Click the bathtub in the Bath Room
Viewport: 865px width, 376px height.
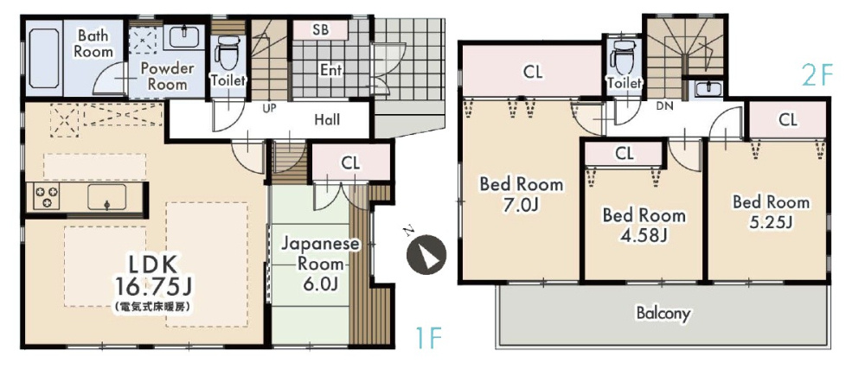[x=43, y=61]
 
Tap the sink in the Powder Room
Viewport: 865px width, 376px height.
[x=184, y=35]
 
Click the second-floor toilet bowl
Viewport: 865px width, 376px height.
[x=623, y=57]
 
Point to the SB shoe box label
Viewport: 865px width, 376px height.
[x=321, y=29]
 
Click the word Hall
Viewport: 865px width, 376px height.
[x=327, y=119]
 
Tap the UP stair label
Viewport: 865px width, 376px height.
[x=269, y=109]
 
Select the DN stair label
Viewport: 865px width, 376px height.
[x=664, y=107]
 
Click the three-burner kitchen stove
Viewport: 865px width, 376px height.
[x=47, y=197]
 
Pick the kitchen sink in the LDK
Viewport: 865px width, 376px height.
[x=107, y=197]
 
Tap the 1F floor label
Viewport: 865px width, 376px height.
[x=427, y=337]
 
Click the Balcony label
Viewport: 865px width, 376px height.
[x=663, y=313]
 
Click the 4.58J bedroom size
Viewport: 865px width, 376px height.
[x=644, y=235]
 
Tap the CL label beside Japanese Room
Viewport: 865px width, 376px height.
[x=350, y=163]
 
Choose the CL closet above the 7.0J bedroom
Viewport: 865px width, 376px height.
[x=532, y=71]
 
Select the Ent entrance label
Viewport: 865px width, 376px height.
[x=331, y=71]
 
